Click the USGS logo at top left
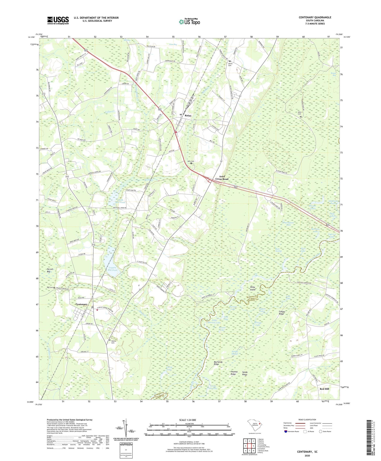[x=58, y=20]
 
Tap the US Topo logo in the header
[x=189, y=22]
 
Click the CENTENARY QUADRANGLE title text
[x=315, y=17]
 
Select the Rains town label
[x=188, y=116]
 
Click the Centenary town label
[x=81, y=304]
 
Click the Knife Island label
[x=253, y=288]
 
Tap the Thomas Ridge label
[x=233, y=373]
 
